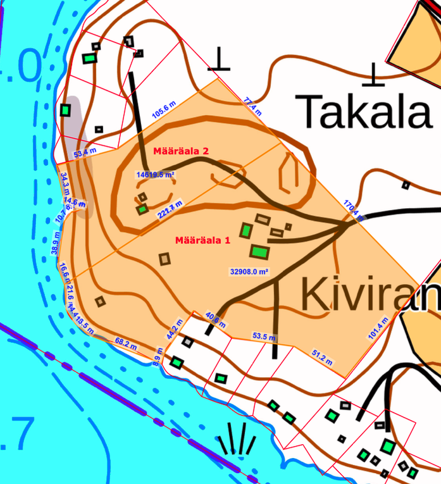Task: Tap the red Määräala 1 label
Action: (202, 240)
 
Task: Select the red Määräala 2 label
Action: (181, 151)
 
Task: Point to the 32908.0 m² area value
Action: (248, 271)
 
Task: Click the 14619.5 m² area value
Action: (156, 174)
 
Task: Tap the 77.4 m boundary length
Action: (252, 104)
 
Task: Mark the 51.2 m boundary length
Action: (322, 356)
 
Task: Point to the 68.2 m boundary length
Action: (126, 344)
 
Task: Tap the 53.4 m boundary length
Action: (85, 152)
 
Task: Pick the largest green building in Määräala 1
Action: (258, 252)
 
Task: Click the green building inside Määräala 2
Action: (143, 209)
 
